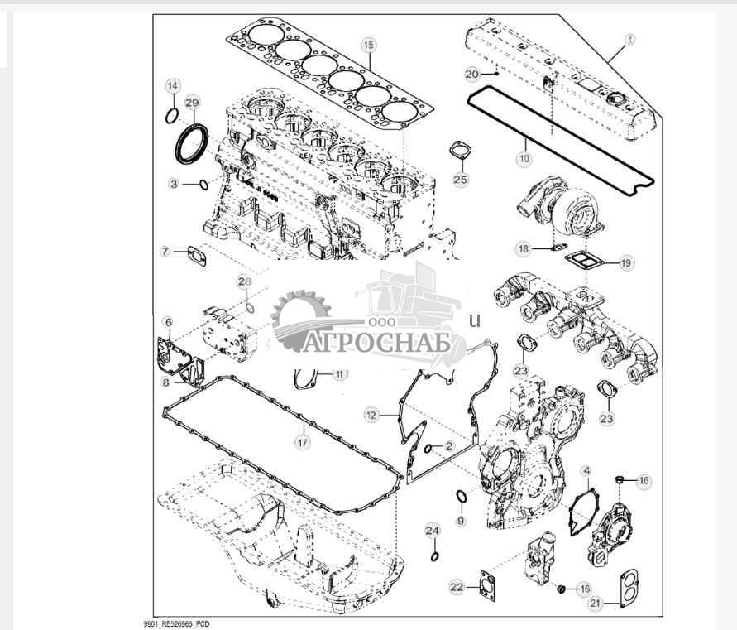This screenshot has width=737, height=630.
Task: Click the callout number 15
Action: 369,43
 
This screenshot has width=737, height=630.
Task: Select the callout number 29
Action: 192,103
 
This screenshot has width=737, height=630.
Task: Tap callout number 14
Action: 172,86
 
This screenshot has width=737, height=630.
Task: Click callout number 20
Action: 472,75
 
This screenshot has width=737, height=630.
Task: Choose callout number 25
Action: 460,178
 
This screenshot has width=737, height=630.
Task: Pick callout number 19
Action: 626,262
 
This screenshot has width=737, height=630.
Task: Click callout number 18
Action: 523,248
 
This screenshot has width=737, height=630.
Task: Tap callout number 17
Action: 304,443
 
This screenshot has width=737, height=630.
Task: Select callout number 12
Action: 372,412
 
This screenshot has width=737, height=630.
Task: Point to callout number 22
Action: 457,586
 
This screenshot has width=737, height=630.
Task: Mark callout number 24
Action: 433,529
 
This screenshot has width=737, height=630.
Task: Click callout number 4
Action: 586,472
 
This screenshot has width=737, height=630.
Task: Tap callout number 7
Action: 165,250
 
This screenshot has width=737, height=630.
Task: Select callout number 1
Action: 630,38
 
